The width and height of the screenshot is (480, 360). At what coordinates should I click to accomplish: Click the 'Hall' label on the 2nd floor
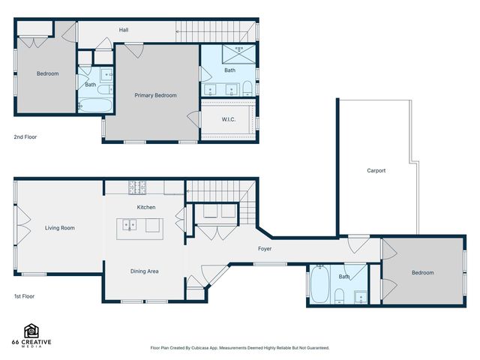(x=124, y=31)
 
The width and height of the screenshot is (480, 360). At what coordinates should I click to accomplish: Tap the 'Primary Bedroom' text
(x=155, y=95)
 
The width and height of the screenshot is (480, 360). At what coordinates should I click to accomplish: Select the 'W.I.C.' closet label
(x=229, y=120)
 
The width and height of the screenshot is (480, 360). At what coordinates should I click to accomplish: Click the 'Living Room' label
(x=59, y=228)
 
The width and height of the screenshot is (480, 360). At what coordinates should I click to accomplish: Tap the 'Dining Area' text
(x=144, y=271)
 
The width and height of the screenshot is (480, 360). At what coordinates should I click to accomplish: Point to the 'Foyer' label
(x=265, y=248)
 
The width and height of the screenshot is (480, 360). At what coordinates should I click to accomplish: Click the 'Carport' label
(x=376, y=171)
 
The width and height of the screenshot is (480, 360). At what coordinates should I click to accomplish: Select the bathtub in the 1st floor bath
(x=318, y=286)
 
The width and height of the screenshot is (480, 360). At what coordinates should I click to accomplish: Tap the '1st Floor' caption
(x=25, y=296)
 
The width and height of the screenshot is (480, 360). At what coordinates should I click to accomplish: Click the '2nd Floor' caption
(x=25, y=137)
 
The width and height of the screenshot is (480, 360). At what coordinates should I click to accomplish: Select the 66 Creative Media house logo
(x=31, y=331)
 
